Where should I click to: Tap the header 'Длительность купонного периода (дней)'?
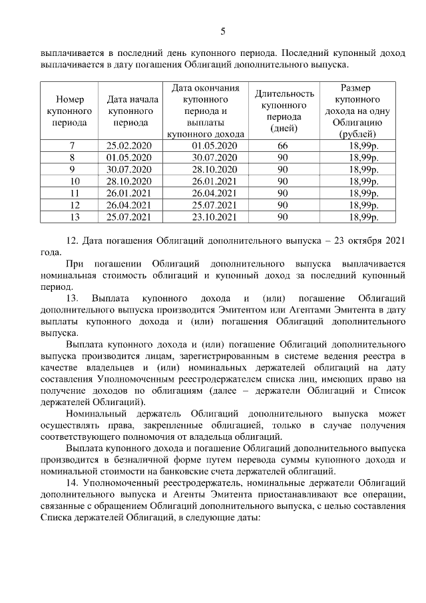tap(284, 111)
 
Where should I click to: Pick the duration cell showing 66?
tap(282, 145)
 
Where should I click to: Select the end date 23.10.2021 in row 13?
tap(213, 217)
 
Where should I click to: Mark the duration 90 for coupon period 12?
tap(282, 205)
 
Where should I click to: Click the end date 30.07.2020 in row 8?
tap(213, 157)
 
